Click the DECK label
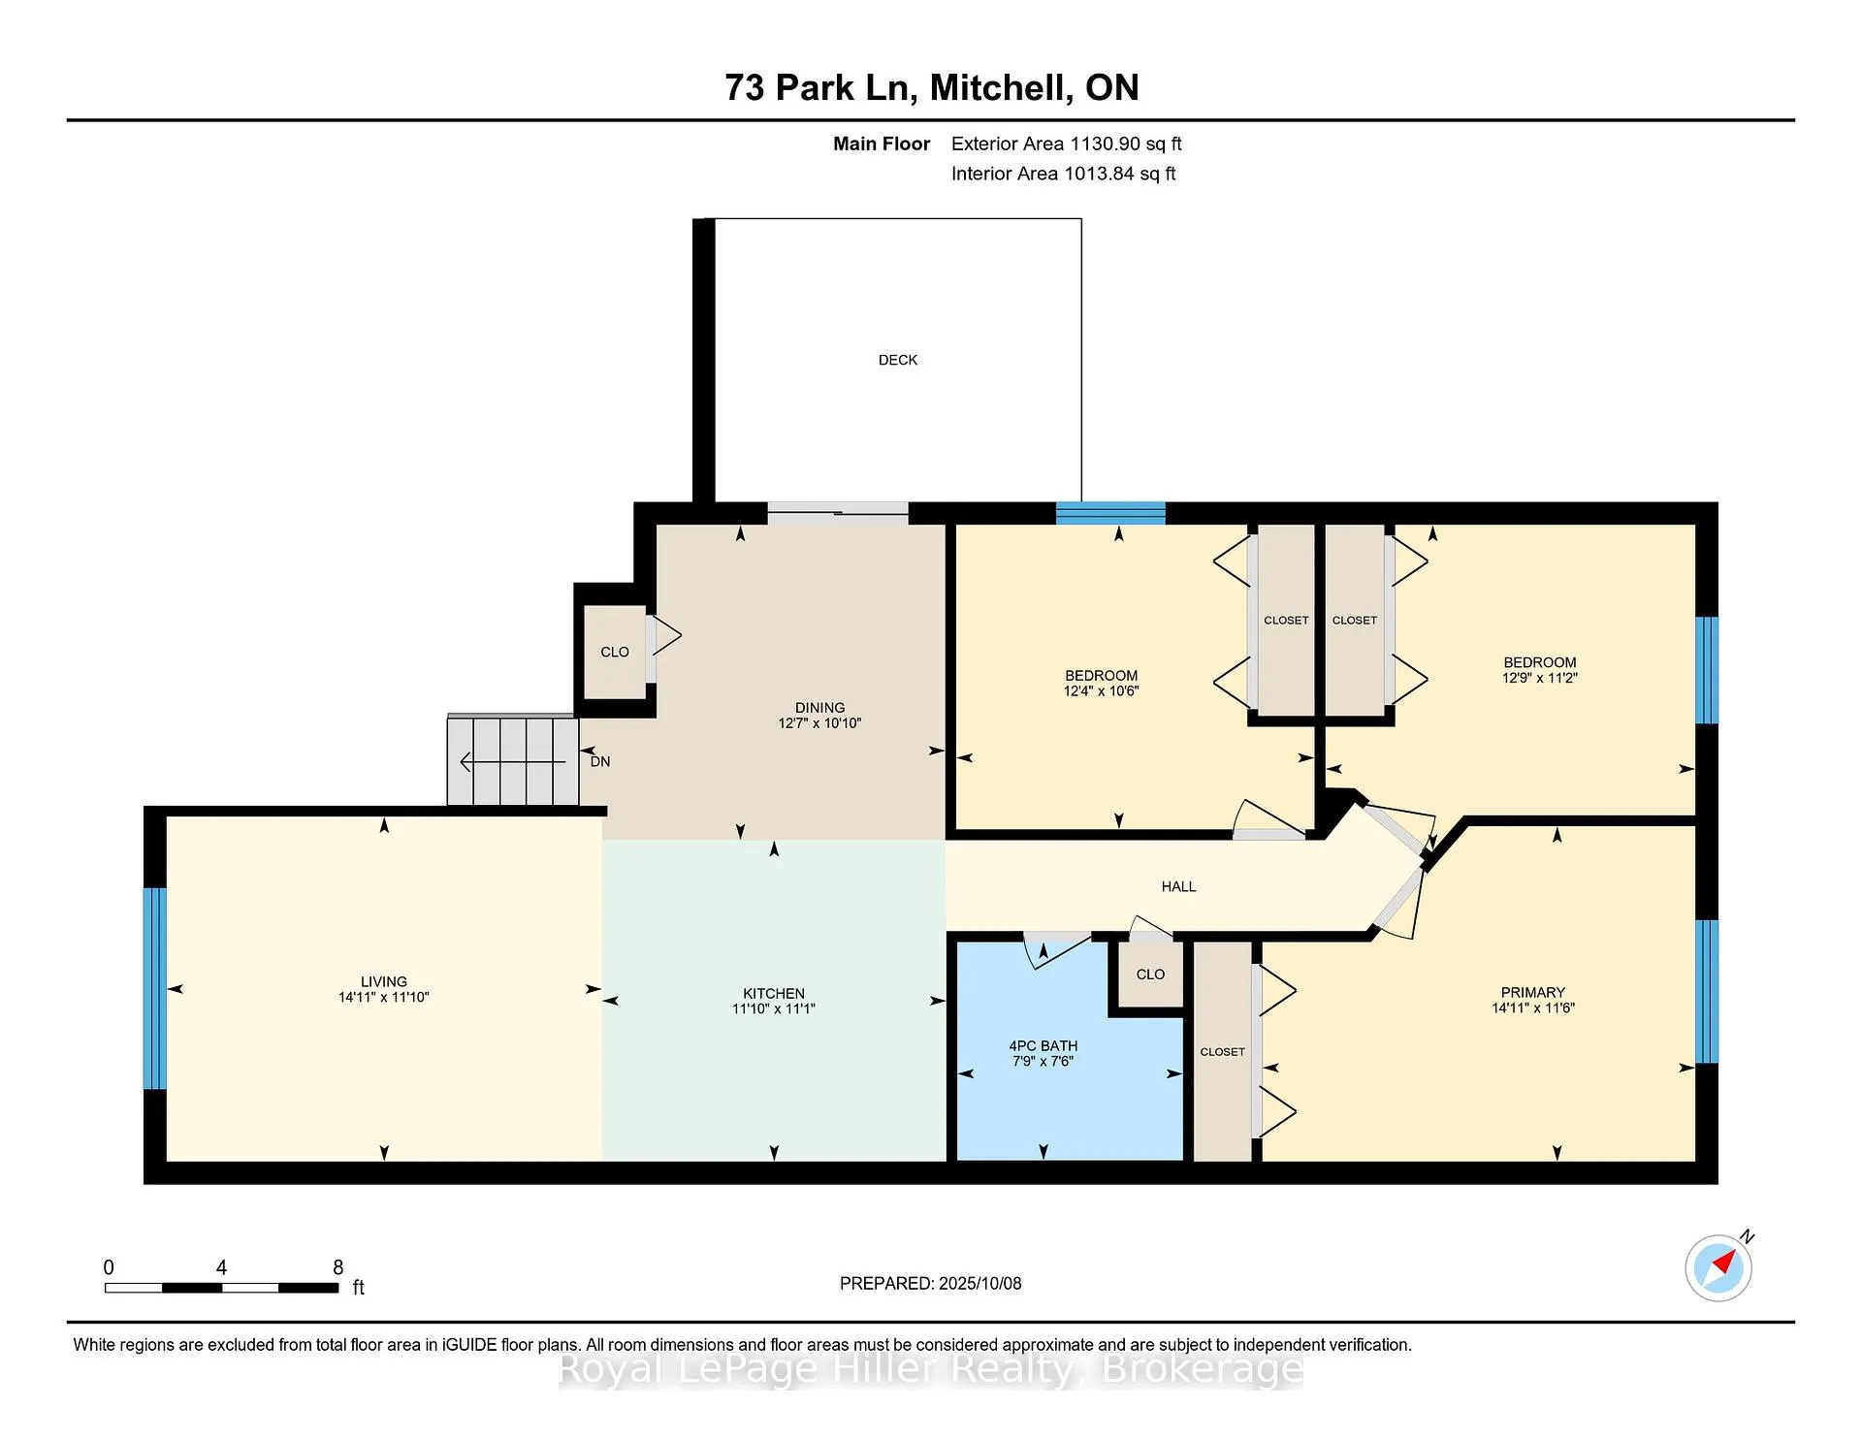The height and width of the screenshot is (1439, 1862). (897, 360)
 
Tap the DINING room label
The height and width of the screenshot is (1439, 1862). (819, 708)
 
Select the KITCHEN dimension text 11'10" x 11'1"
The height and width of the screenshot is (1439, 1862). (774, 1008)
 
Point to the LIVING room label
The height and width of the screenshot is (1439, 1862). (384, 981)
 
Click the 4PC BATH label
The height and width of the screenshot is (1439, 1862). (1043, 1045)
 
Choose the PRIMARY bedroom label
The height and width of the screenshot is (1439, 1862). (1533, 992)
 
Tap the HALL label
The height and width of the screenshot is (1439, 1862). (1179, 886)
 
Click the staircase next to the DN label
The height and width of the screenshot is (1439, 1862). (513, 760)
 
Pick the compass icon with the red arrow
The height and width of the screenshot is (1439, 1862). (1718, 1267)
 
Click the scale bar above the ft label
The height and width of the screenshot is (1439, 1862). (222, 1288)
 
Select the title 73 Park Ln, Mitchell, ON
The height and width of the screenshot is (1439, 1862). (932, 87)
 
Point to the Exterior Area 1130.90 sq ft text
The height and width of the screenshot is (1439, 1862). (1067, 144)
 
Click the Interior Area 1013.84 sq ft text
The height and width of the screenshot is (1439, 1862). (1064, 174)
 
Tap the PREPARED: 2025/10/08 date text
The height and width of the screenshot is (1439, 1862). (931, 1283)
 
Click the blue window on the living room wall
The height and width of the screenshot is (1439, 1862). (155, 988)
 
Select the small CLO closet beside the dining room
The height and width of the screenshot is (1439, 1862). (615, 652)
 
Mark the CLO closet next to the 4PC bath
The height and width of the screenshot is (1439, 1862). (1151, 975)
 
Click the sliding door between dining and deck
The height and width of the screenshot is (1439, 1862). (838, 514)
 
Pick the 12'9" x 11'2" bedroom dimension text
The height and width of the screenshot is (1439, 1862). (1540, 678)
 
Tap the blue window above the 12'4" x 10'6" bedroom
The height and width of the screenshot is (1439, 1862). (1110, 513)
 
